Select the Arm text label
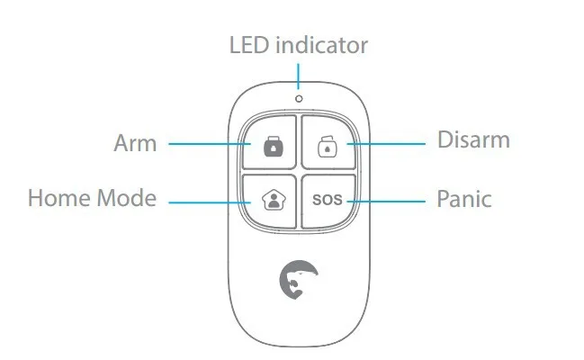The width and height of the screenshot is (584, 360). click(x=136, y=143)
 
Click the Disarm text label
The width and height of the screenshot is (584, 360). click(x=473, y=140)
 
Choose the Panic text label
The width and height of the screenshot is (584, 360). click(x=464, y=198)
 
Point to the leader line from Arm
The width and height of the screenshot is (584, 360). click(x=207, y=143)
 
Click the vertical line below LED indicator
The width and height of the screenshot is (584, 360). click(x=298, y=73)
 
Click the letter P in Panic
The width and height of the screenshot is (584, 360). click(x=443, y=198)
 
